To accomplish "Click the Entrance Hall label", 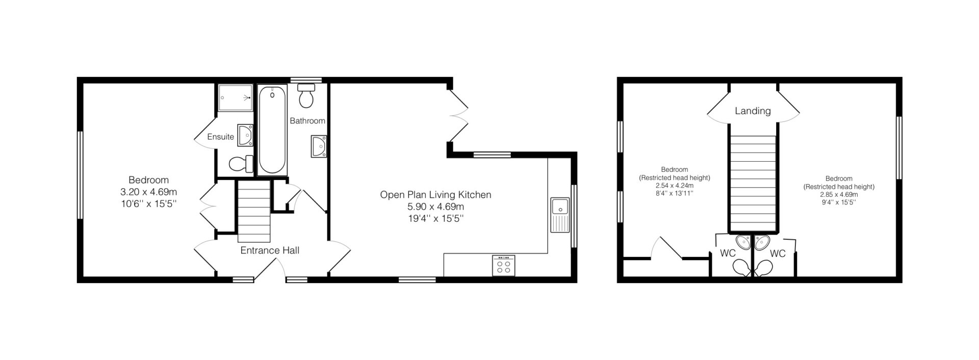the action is click(x=270, y=250).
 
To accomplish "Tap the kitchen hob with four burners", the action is click(x=503, y=265).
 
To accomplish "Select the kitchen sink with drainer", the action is click(x=560, y=215).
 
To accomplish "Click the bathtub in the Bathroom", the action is click(x=272, y=131).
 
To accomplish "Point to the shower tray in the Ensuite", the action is click(x=236, y=98).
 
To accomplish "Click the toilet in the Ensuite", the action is click(x=241, y=164).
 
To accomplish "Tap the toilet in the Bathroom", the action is click(x=306, y=95).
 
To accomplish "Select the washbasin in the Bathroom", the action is click(x=319, y=147).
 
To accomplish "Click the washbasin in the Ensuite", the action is click(x=245, y=135).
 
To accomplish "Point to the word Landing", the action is click(x=753, y=111).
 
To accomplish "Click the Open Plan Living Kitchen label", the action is click(x=435, y=195).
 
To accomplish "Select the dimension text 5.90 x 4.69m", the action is click(x=435, y=207).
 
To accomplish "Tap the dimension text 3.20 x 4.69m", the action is click(x=148, y=192).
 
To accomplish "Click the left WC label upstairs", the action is click(x=728, y=253).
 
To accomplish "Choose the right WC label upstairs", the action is click(x=778, y=253).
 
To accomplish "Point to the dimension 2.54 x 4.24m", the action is click(x=675, y=186).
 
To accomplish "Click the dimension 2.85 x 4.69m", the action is click(x=839, y=194).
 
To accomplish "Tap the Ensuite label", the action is click(x=221, y=137).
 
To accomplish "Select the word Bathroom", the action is click(x=307, y=121).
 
